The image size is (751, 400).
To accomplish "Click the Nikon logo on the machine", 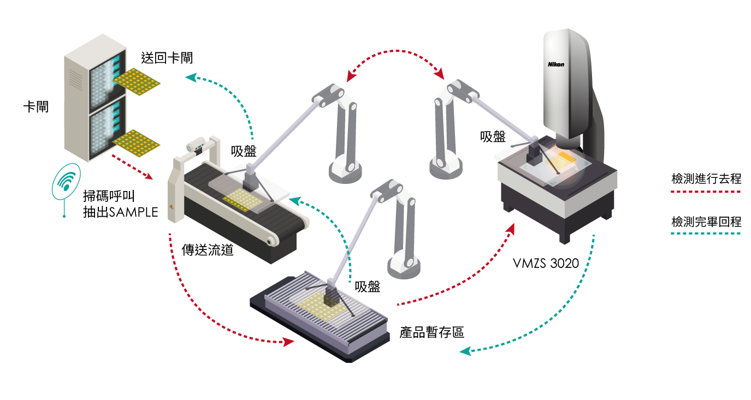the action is coord(556,64).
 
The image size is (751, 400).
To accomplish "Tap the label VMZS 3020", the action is coord(546,264).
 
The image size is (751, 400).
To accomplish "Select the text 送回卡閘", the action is coord(167,58).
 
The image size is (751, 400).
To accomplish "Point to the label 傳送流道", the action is coord(208,250).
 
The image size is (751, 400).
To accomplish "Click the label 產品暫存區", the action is coord(432,332).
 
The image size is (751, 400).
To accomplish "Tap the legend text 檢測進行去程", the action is coord(706,178).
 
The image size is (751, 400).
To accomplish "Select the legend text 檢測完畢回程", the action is coord(706,222).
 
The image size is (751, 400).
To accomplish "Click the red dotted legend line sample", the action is coord(706,192).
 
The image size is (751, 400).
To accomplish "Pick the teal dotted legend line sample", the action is coord(706,234).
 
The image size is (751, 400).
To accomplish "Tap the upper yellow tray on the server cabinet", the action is coord(137,82).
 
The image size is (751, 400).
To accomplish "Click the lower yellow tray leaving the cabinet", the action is coord(137,144).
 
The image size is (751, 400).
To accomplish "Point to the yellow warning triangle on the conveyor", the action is coord(172,207).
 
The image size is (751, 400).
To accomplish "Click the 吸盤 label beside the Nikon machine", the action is coord(493,136).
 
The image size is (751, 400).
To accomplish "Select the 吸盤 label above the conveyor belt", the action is coord(244,151).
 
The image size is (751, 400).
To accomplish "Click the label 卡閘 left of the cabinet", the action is coord(36,107).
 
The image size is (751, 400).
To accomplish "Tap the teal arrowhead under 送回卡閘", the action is coord(191,77).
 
